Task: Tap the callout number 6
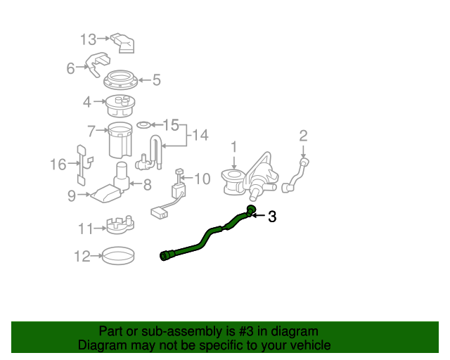pyautogui.click(x=70, y=68)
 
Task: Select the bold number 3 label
pyautogui.click(x=271, y=217)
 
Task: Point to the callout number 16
pyautogui.click(x=58, y=165)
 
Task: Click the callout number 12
pyautogui.click(x=81, y=257)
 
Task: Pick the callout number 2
pyautogui.click(x=303, y=135)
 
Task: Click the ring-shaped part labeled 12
pyautogui.click(x=118, y=255)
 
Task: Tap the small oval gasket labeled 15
pyautogui.click(x=143, y=125)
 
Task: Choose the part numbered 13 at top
pyautogui.click(x=124, y=41)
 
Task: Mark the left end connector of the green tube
pyautogui.click(x=166, y=255)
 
